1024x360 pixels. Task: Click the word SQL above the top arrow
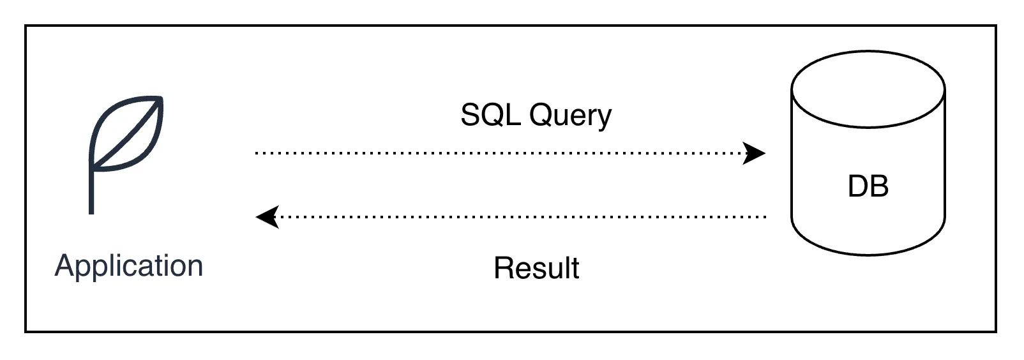tap(491, 115)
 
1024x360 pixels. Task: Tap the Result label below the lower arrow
tap(536, 268)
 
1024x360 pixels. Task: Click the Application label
tap(129, 266)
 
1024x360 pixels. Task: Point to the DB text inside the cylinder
tap(868, 186)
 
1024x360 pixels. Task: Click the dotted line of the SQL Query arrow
tap(498, 153)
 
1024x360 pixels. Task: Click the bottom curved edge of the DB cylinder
tap(868, 254)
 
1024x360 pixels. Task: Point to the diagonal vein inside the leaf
tap(128, 134)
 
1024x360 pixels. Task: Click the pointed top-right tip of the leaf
tap(160, 100)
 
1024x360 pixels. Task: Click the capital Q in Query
tap(540, 115)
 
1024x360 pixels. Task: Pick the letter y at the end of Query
tap(604, 118)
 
